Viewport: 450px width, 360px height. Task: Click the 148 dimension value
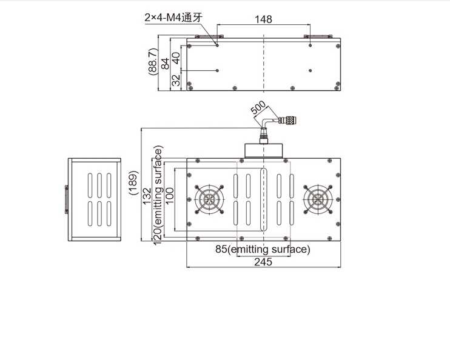tap(263, 19)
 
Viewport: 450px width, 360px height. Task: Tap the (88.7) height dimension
tap(153, 62)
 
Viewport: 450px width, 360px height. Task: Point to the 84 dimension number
tap(165, 64)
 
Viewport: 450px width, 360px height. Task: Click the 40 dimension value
tap(176, 58)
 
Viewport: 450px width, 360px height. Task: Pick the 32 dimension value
tap(176, 80)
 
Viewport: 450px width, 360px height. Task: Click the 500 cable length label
tap(258, 107)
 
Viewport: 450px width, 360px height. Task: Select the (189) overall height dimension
tap(134, 183)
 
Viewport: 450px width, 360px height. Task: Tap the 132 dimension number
tap(147, 196)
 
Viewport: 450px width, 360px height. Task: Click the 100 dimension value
tap(170, 196)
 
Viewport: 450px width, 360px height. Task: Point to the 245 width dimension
tap(263, 262)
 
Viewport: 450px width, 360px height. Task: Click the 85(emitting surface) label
tap(263, 249)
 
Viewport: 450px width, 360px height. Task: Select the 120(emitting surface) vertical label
tap(158, 195)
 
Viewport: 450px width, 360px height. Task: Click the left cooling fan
tap(209, 199)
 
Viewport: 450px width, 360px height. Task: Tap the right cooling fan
tap(318, 199)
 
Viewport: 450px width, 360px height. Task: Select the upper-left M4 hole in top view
tap(217, 45)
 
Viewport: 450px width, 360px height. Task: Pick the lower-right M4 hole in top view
tap(311, 70)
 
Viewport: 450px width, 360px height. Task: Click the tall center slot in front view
tap(263, 199)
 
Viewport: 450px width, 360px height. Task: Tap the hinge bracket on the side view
tap(67, 199)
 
